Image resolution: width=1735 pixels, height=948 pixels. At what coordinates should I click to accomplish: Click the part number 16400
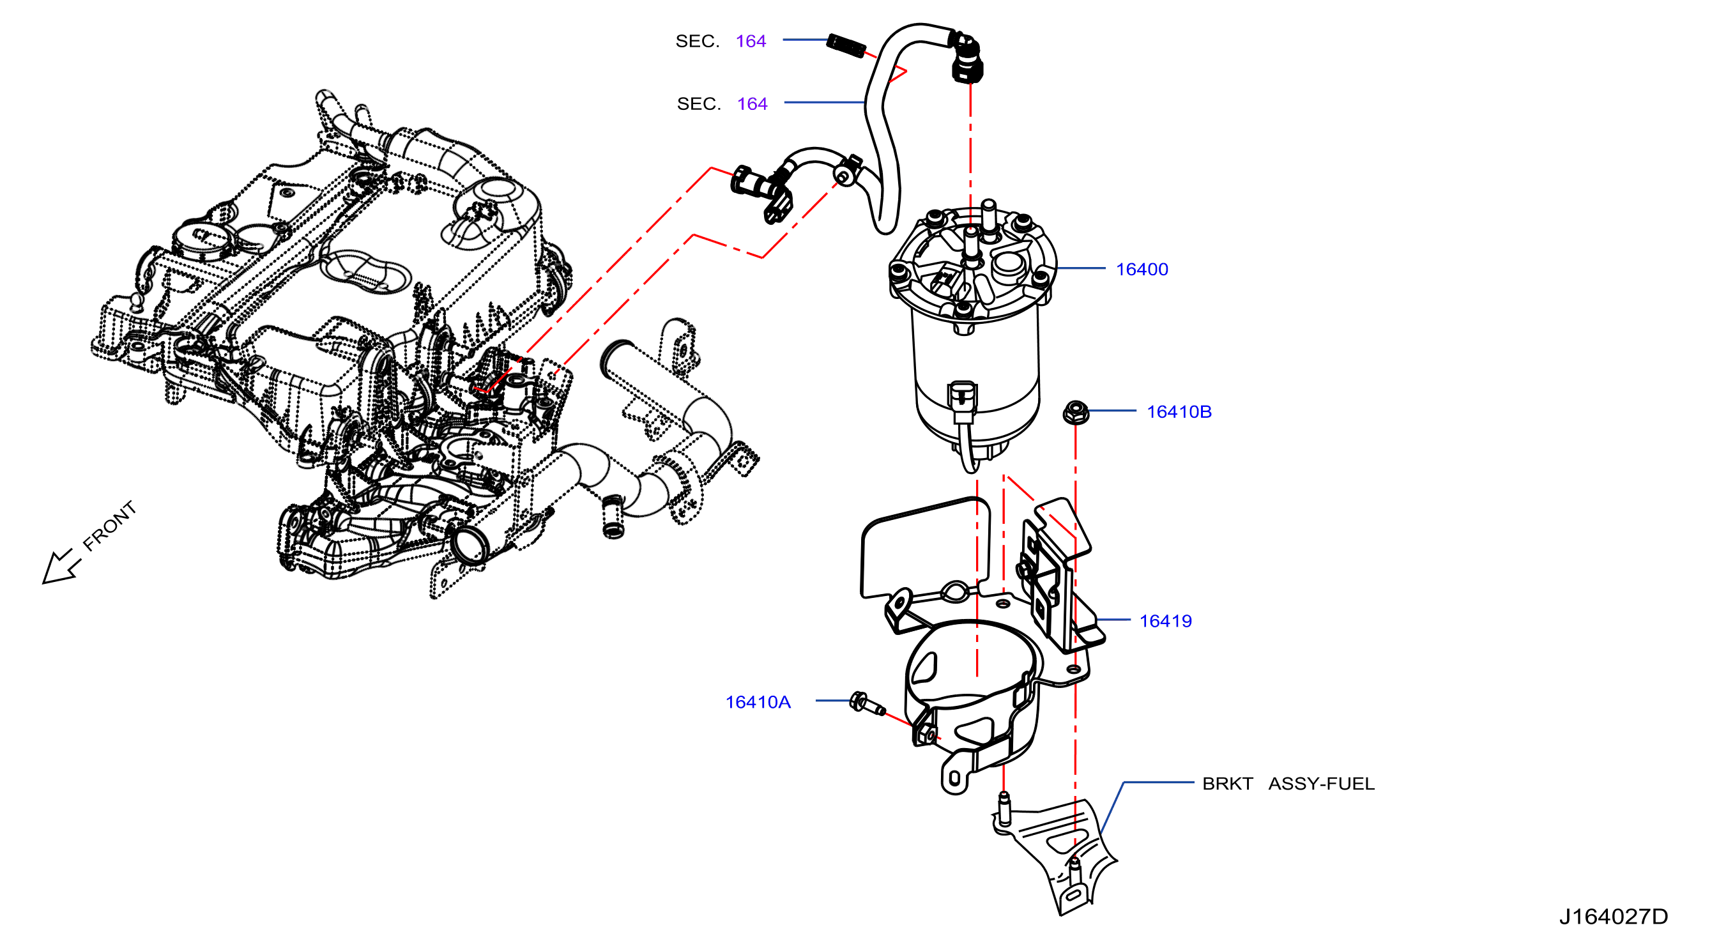[1142, 270]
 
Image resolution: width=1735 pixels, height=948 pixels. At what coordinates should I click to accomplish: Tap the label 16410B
[1179, 411]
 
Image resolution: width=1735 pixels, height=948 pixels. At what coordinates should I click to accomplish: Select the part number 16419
[1165, 621]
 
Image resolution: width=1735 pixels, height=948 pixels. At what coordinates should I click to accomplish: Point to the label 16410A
[758, 702]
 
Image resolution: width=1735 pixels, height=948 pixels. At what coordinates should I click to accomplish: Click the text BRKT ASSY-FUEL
[1288, 784]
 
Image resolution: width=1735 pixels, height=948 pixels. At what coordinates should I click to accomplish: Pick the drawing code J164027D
[1613, 916]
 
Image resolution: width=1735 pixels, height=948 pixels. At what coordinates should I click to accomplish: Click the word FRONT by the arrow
[109, 526]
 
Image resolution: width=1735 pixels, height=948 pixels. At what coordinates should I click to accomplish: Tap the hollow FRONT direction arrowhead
[57, 568]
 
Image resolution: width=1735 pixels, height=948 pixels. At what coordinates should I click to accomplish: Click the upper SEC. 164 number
[751, 41]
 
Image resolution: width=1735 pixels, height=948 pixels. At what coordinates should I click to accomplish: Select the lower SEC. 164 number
[753, 103]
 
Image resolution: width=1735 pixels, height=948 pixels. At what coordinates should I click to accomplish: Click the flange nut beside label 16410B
[1076, 411]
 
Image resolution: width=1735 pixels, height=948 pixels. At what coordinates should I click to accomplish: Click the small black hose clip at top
[846, 46]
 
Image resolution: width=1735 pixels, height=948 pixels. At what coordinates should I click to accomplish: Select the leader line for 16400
[1081, 268]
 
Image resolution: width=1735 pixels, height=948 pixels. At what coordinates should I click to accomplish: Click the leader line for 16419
[1113, 620]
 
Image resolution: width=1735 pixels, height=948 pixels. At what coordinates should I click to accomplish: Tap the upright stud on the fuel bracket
[1004, 808]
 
